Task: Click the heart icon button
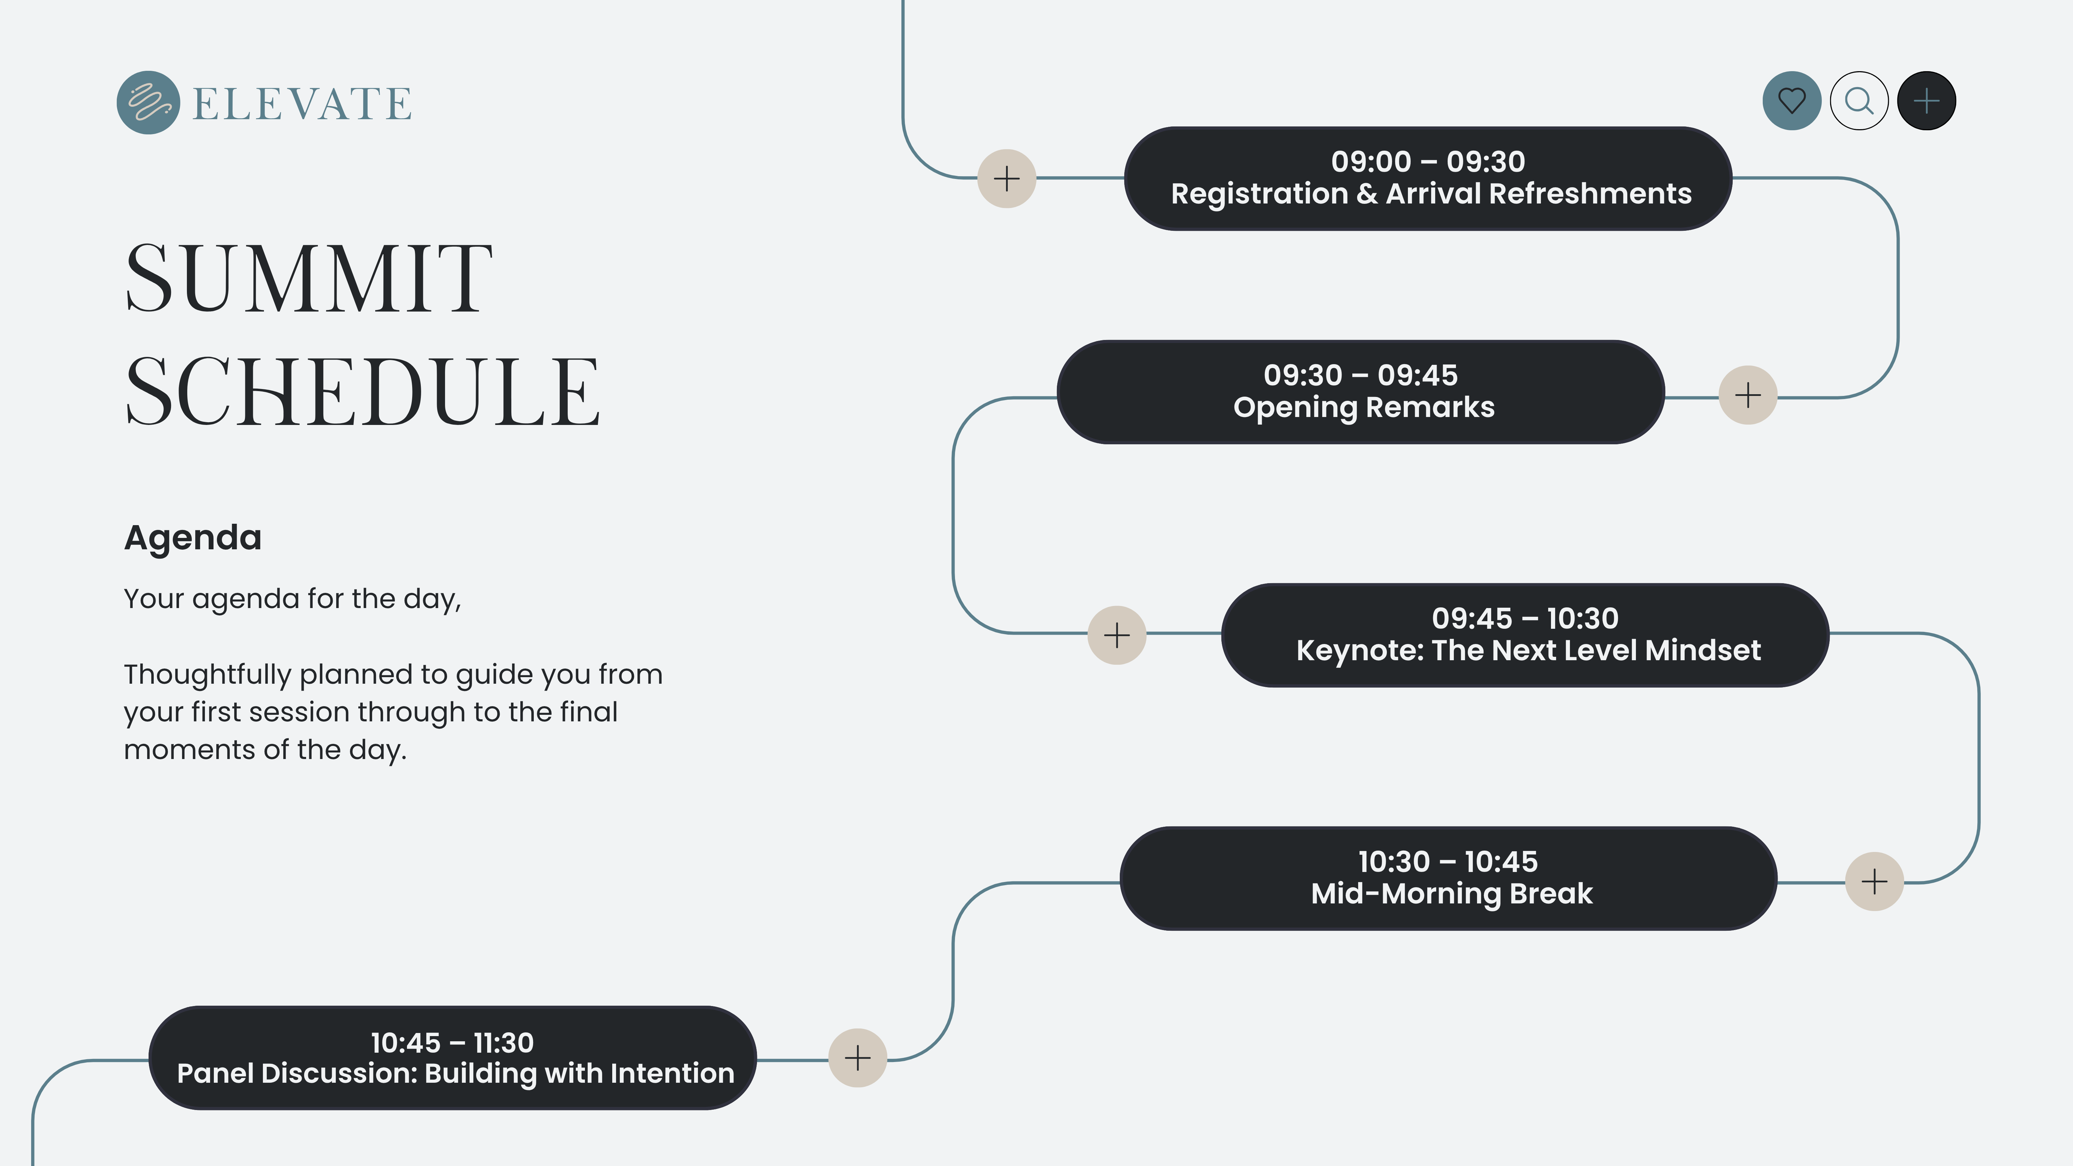pos(1791,101)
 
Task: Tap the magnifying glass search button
pos(1859,101)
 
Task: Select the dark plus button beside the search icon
pos(1927,101)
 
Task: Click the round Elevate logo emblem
pos(148,102)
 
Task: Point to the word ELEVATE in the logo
pos(303,104)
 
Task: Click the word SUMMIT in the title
pos(309,278)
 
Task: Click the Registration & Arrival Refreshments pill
pos(1428,178)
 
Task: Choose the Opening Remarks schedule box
pos(1361,392)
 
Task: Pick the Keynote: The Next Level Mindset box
pos(1525,635)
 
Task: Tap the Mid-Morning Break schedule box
pos(1449,878)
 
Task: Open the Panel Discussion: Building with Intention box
pos(452,1058)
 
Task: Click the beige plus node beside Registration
pos(1007,178)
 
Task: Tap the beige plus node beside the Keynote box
pos(1117,635)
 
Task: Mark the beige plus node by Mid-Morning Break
pos(1874,881)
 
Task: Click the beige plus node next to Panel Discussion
pos(858,1058)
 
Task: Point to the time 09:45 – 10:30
pos(1525,618)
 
